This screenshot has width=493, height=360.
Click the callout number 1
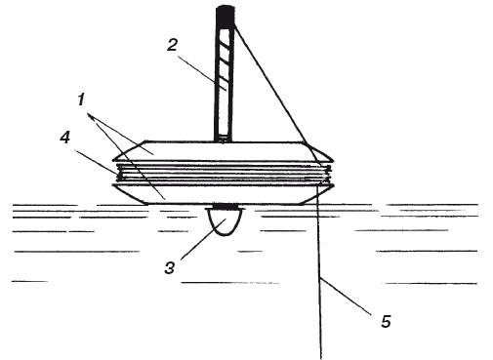pos(81,99)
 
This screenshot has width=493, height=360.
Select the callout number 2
pos(172,45)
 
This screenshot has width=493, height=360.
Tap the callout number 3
pos(170,268)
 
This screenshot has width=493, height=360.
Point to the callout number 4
pos(64,138)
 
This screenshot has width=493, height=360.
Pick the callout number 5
pos(386,321)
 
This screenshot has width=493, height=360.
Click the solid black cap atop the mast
pos(226,18)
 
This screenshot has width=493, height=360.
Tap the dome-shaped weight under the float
pos(225,220)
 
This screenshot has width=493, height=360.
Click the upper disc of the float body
pos(223,151)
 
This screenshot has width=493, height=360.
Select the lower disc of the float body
pos(223,194)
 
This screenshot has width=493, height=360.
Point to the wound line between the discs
pos(224,173)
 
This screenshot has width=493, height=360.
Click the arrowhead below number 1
pos(91,116)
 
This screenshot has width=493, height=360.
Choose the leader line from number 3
pos(202,239)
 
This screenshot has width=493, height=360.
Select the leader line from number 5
pos(346,296)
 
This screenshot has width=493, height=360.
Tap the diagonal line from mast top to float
pos(276,93)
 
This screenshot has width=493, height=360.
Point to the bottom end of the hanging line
pos(321,358)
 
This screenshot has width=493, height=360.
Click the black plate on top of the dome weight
pos(225,207)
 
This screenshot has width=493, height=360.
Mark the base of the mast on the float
pos(223,140)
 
